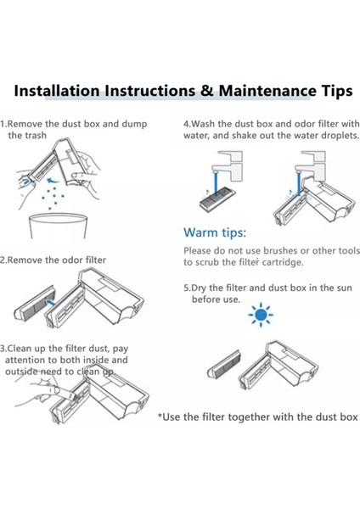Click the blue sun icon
coord(261,315)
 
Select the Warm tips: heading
coord(215,232)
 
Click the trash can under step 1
coord(59,226)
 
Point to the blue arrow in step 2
coord(50,303)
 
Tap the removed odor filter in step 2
coord(35,303)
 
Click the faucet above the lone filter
coord(228,165)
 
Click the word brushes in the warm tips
coord(280,250)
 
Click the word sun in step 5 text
coord(343,288)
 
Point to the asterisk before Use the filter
coord(160,416)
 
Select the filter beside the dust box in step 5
coord(224,366)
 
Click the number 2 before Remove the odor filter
coord(3,260)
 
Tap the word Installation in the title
coord(57,91)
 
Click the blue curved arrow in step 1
coord(53,180)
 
